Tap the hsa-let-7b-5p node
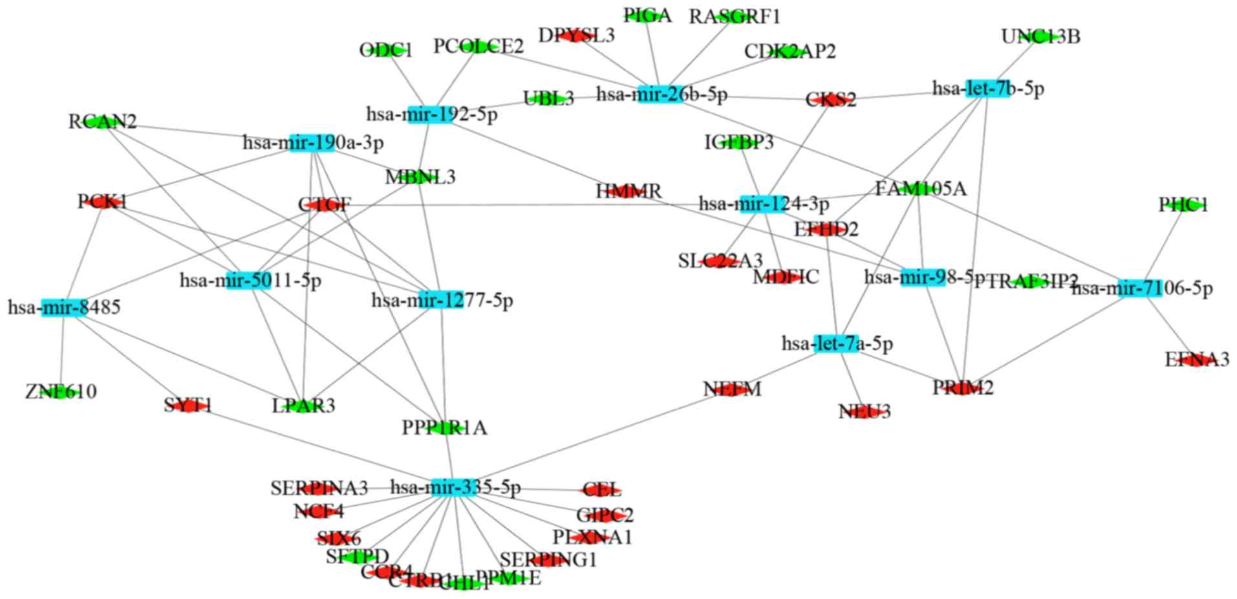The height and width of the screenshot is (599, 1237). (987, 89)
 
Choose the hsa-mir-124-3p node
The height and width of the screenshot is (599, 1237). (762, 204)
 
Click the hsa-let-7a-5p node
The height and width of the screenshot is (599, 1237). (837, 343)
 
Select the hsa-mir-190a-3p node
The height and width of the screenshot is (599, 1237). (312, 142)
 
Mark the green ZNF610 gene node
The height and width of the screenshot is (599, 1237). (61, 392)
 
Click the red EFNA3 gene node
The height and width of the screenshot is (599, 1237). (1197, 360)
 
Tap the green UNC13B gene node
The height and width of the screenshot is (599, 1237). (1040, 37)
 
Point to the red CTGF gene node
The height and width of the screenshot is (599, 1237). (324, 205)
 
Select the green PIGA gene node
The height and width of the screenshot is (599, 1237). (647, 16)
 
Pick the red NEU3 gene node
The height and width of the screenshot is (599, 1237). (864, 411)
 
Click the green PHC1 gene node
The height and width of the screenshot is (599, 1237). (1183, 205)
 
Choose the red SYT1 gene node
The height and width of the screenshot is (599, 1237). (188, 406)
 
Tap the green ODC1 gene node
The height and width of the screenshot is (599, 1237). (385, 50)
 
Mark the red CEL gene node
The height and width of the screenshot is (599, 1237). (601, 490)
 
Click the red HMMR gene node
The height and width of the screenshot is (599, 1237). (628, 191)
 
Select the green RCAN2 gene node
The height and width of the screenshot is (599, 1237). (102, 122)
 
